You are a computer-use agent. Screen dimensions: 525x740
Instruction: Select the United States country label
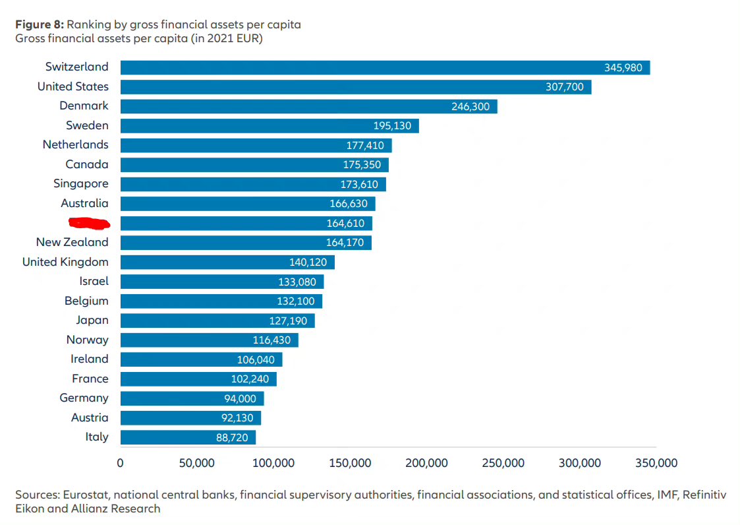[73, 86]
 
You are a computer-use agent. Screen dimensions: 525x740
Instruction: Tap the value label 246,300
[470, 106]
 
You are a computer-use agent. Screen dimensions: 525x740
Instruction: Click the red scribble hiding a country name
[88, 223]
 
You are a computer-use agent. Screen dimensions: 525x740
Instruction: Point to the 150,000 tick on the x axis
[350, 463]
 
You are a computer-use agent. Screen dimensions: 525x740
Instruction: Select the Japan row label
[92, 321]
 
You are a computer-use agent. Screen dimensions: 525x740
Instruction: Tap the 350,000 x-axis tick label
[656, 463]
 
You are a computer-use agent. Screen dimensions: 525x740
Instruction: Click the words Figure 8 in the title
[38, 25]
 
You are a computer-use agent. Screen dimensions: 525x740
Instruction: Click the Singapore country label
[81, 184]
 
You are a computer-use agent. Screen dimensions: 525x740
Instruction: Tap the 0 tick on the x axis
[120, 463]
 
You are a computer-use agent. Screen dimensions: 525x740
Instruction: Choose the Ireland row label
[90, 359]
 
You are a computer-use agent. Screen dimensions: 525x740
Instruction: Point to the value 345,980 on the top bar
[623, 67]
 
